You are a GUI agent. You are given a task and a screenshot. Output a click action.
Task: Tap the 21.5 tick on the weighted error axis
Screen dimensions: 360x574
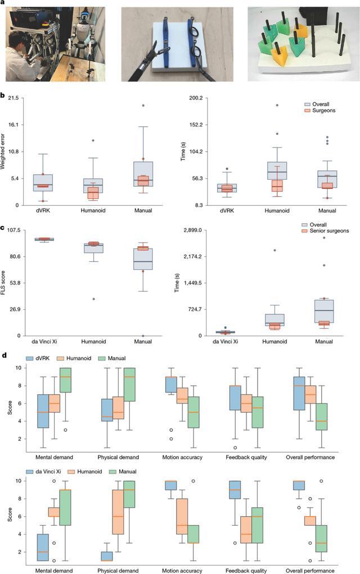13,98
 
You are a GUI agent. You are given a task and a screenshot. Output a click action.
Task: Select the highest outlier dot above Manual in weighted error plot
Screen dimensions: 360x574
143,106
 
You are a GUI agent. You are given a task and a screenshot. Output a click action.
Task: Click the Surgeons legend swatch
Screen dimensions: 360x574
307,110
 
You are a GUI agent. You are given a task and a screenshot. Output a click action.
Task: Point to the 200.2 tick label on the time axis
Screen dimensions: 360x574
195,98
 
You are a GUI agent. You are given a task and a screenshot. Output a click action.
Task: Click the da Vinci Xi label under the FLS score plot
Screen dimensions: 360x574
44,342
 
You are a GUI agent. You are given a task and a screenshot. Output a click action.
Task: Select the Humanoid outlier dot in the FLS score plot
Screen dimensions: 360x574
93,299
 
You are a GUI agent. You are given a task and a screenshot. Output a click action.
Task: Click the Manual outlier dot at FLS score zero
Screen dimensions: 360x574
143,336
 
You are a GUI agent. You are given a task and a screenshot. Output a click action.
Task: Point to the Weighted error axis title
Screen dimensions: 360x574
3,152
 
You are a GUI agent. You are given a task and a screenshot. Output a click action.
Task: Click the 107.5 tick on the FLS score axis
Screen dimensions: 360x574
13,230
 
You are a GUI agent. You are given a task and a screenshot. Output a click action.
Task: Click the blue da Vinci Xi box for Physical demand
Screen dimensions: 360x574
106,556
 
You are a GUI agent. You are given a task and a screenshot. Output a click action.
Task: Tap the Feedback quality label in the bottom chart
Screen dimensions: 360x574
246,571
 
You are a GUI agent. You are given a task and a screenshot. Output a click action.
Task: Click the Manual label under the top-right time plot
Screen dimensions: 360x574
327,210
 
